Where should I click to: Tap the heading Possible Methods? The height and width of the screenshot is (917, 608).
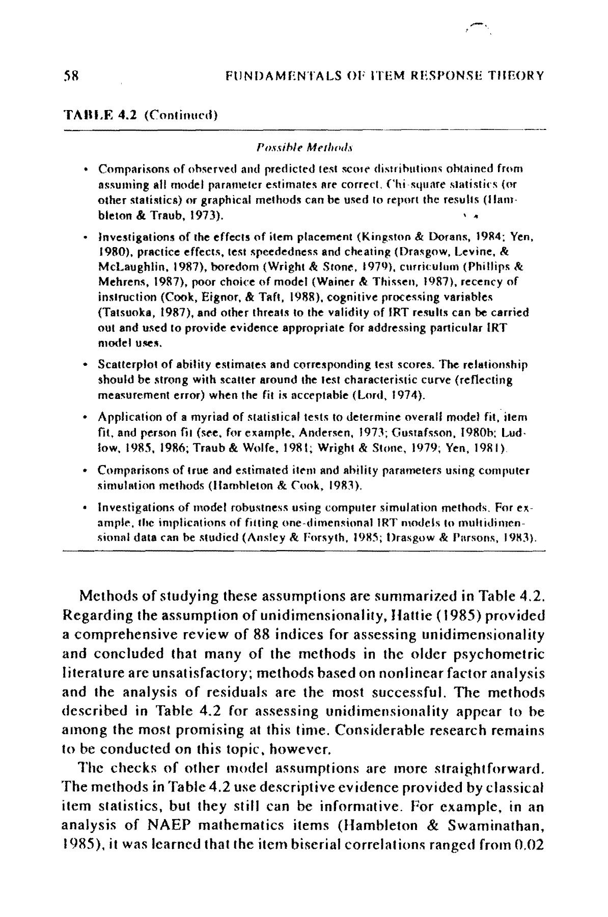[303, 148]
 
